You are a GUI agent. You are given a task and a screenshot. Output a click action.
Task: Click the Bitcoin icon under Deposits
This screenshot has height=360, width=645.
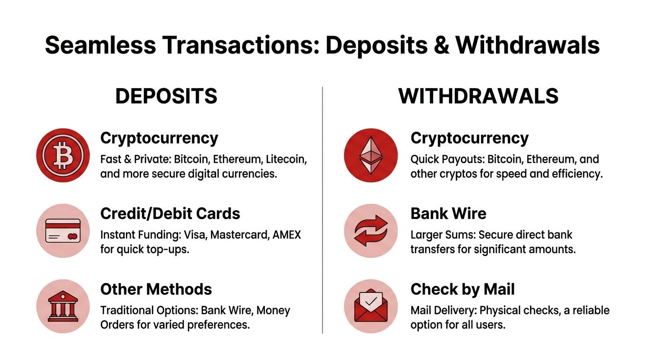63,155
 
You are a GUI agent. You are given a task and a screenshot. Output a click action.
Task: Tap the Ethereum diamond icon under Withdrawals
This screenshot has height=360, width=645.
371,155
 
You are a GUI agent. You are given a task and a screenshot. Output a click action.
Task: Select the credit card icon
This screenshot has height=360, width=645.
63,231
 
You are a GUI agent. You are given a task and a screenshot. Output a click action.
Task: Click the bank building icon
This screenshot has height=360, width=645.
63,306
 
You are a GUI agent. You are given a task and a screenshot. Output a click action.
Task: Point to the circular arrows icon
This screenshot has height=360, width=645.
371,231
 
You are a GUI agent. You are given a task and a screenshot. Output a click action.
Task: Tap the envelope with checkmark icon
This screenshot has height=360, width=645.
371,306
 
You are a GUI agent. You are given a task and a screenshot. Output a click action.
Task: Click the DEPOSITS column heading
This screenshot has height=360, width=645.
166,96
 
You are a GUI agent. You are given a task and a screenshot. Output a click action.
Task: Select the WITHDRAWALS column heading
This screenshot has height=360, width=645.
478,96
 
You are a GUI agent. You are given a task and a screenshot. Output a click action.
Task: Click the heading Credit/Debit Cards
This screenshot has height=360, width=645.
170,214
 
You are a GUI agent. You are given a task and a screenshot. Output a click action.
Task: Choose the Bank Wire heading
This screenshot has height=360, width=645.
448,214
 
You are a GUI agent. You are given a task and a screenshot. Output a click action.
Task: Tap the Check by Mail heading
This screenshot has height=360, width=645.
462,289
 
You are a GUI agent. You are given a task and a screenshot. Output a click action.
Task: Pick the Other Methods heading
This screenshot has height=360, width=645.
156,289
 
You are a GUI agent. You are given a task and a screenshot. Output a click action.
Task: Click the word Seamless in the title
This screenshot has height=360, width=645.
100,45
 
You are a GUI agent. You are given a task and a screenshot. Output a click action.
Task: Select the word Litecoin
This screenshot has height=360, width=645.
286,159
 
